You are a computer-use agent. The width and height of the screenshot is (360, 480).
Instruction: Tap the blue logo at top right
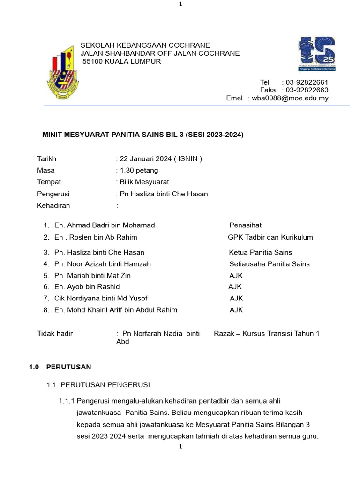pos(317,54)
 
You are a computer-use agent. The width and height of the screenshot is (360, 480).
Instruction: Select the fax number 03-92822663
pos(307,90)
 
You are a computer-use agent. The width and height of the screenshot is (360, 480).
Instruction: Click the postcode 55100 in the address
pos(93,61)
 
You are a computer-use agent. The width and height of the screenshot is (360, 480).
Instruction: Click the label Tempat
pos(49,182)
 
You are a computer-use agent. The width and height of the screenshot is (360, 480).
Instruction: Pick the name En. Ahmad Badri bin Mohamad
pos(105,225)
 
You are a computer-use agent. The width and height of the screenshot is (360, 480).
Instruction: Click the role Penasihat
pos(245,225)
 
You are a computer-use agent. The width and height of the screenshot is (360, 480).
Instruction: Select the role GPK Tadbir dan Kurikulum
pos(270,237)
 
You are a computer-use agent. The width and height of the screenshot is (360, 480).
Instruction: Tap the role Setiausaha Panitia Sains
pos(270,264)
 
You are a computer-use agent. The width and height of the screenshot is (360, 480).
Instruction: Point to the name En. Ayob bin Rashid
pos(87,286)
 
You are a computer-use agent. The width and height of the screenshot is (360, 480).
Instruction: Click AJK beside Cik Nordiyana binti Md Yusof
pos(236,298)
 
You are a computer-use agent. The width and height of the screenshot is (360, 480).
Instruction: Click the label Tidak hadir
pos(55,334)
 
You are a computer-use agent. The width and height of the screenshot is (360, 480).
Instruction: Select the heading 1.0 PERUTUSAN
pos(60,367)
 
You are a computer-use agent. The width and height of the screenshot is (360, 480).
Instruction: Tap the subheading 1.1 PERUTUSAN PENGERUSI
pos(98,385)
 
